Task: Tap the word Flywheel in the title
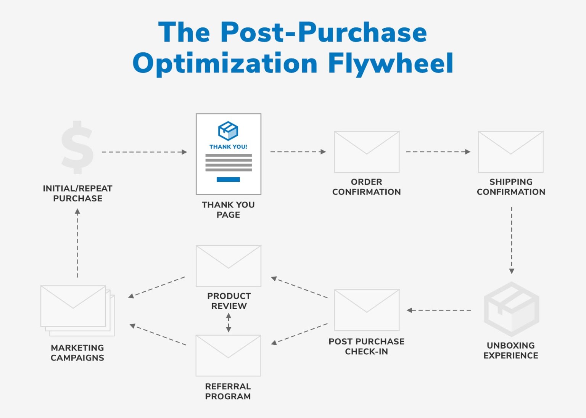coord(391,63)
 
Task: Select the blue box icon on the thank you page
coord(228,131)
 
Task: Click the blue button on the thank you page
coord(228,179)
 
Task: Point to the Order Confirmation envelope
coord(367,152)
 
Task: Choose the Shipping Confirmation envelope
coord(511,152)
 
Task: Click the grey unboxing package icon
coord(511,309)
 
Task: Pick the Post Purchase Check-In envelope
coord(367,310)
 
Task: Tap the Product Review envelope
coord(229,266)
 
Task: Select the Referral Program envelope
coord(228,355)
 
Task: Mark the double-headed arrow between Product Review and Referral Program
coord(229,323)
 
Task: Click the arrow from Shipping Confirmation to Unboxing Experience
coord(512,240)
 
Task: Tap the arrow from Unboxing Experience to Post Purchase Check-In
coord(439,310)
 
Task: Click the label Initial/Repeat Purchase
coord(77,193)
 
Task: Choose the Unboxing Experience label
coord(511,350)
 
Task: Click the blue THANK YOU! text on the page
coord(228,147)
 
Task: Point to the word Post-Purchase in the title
coord(324,32)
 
